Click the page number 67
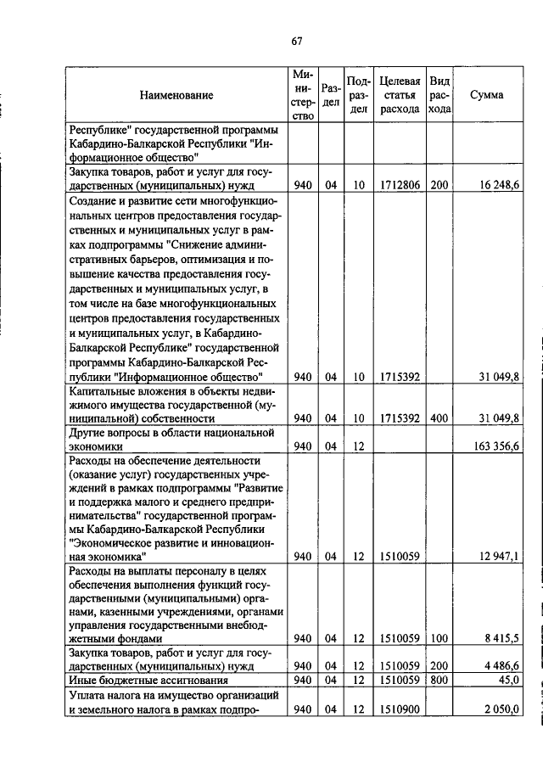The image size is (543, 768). point(296,41)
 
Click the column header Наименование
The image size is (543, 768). point(177,96)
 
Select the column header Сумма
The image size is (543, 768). point(486,95)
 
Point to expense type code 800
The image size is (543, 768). point(439,680)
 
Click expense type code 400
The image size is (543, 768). point(439,418)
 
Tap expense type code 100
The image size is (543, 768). point(439,637)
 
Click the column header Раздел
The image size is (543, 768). point(332,95)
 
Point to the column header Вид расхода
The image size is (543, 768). point(439,95)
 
